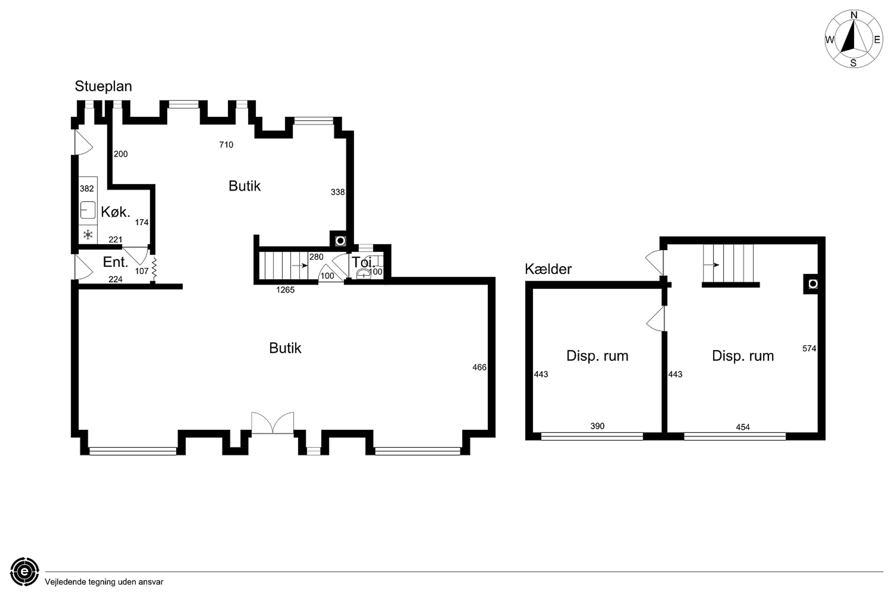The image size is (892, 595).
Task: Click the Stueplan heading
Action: pos(103,87)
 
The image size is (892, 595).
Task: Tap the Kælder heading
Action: pos(548,269)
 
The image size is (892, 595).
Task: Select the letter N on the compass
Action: pos(854,15)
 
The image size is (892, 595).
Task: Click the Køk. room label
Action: pos(115,212)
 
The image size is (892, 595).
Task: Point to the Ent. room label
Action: pos(115,262)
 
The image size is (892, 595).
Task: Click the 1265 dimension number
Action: pos(285,290)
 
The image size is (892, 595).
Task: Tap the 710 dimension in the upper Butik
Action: pos(226,145)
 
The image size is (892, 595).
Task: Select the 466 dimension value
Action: pos(479,367)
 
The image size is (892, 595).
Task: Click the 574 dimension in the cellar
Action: pos(809,348)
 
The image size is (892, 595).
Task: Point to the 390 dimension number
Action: pos(597,426)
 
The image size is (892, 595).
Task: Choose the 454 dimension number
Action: pos(743,427)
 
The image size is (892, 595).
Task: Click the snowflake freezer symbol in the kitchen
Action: pos(88,234)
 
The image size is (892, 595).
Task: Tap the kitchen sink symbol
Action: pos(87,210)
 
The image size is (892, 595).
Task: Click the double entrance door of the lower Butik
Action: pos(272,423)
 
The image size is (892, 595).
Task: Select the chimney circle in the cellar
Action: pos(813,284)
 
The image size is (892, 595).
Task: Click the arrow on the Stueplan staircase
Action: pos(300,266)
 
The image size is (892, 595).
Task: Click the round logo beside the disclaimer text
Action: pos(25,571)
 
